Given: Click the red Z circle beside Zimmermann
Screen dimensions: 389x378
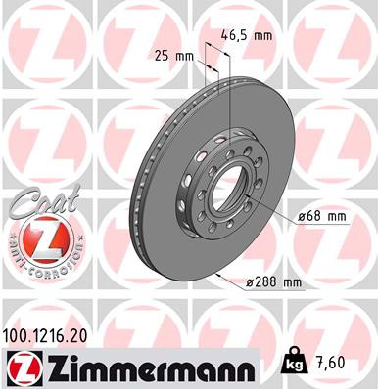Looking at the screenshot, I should click(x=22, y=367).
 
